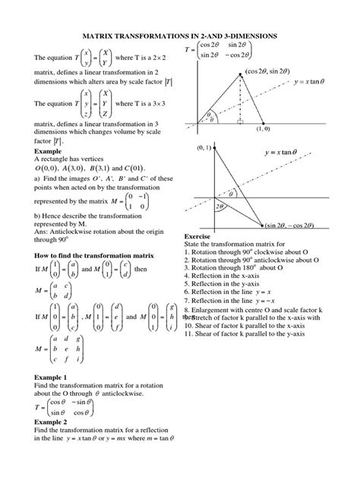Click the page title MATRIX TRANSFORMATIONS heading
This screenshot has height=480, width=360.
(x=179, y=36)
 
